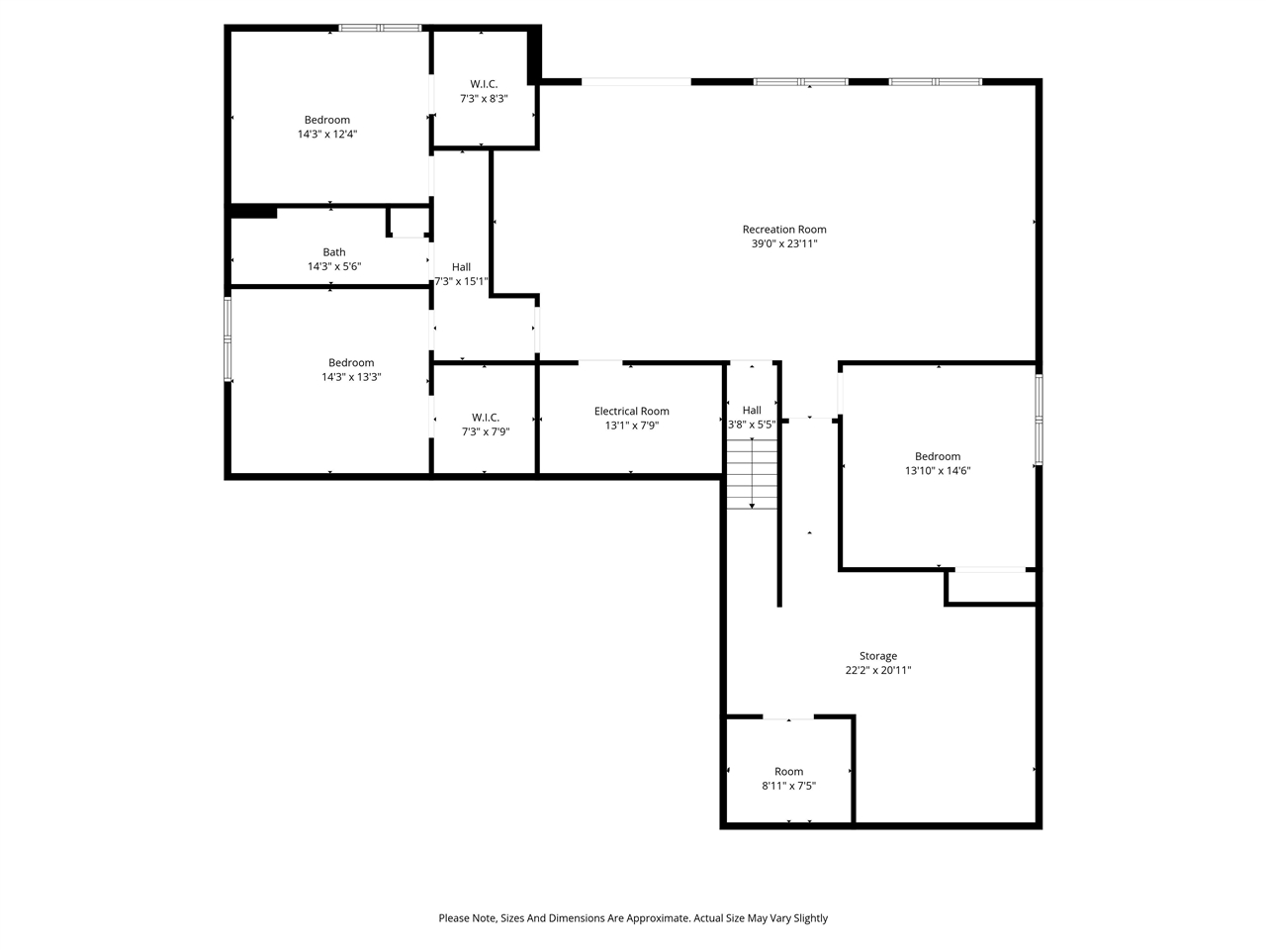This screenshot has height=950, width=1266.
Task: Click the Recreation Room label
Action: tap(784, 230)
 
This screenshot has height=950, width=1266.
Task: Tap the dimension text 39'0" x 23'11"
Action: tap(784, 243)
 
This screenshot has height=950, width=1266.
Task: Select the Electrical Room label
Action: tap(631, 412)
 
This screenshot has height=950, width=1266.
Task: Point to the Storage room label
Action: tap(877, 656)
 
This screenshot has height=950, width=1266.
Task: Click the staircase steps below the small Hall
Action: tap(753, 475)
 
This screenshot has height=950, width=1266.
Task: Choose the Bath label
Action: tap(334, 252)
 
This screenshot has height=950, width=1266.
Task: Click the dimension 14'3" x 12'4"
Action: tap(326, 134)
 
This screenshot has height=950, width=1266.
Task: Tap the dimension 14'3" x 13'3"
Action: tap(351, 377)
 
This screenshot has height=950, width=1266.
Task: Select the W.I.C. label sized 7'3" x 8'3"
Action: tap(484, 84)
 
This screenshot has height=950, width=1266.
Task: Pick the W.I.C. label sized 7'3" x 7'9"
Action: tap(486, 418)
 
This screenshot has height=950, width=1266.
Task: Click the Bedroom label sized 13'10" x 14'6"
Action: tap(938, 457)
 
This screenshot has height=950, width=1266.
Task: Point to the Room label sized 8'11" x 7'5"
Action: tap(788, 772)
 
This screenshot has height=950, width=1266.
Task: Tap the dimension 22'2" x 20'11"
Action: tap(877, 670)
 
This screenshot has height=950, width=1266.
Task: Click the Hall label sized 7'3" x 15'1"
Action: tap(461, 267)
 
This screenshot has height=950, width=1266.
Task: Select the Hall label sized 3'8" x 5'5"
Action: tap(752, 411)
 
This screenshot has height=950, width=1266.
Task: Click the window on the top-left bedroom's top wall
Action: tap(380, 28)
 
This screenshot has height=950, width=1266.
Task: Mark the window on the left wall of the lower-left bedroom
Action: tap(227, 339)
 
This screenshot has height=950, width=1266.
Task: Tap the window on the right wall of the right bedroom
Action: tap(1039, 419)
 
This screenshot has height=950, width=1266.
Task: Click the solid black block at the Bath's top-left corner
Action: tap(253, 211)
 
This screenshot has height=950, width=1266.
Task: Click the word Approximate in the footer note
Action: tap(656, 918)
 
